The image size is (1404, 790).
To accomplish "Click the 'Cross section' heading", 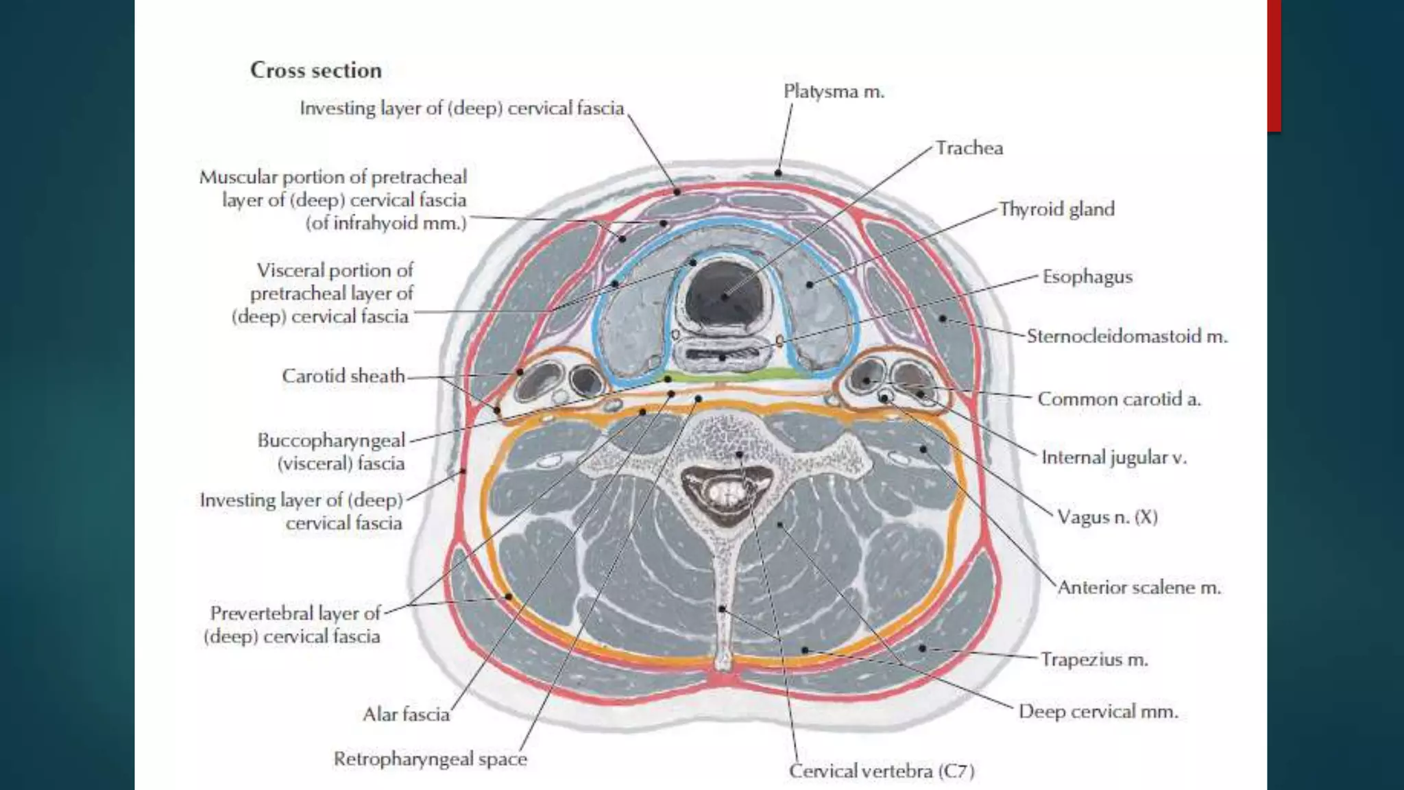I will tap(315, 70).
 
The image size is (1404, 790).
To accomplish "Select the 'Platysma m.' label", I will tap(834, 91).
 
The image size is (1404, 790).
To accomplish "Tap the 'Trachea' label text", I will tap(969, 148).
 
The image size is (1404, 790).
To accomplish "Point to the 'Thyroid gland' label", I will tap(1056, 209).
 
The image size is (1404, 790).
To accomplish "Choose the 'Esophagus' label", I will tap(1087, 277).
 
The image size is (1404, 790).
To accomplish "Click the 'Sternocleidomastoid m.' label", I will tap(1126, 337).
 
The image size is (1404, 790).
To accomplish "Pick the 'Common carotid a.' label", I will tap(1119, 399).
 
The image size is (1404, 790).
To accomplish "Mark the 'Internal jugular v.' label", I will tap(1113, 457).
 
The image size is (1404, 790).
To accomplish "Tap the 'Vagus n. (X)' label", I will tap(1106, 517).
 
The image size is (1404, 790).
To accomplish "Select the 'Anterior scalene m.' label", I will tap(1139, 588).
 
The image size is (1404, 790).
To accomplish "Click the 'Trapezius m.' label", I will tap(1093, 660).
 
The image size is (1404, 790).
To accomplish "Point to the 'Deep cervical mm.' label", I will tap(1098, 712).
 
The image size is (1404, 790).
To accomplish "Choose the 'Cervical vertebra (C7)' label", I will tap(882, 771).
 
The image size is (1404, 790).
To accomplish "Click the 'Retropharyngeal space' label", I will tap(430, 759).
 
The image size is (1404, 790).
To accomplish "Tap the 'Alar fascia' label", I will tap(406, 715).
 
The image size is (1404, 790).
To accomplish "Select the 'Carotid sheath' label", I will tap(343, 376).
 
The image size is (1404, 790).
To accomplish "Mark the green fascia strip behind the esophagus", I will tap(727, 375).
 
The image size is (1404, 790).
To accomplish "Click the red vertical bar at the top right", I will tap(1274, 65).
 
